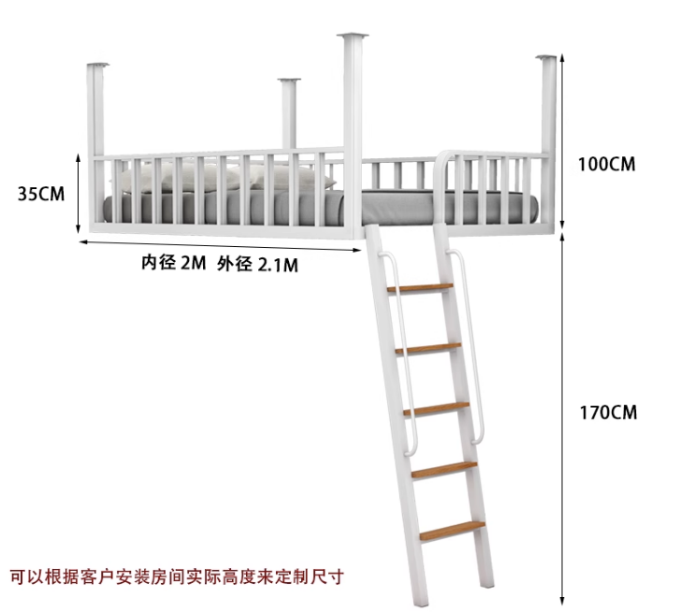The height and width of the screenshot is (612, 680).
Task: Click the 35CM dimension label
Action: coord(41,195)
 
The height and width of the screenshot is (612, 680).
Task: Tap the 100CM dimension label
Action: coord(606,164)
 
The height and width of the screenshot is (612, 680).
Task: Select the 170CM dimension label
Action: coord(606,412)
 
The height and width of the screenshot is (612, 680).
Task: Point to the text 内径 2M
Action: coord(173,263)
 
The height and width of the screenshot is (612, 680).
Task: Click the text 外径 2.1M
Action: coord(257,264)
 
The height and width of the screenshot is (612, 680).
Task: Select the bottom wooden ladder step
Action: coord(452,530)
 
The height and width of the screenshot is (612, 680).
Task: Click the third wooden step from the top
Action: coord(436,408)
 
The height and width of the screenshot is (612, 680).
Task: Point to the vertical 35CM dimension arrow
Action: coord(80,195)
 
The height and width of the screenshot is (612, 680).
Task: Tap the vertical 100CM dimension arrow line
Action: coord(561,140)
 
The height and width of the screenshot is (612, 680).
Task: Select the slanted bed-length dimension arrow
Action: coord(220,247)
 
